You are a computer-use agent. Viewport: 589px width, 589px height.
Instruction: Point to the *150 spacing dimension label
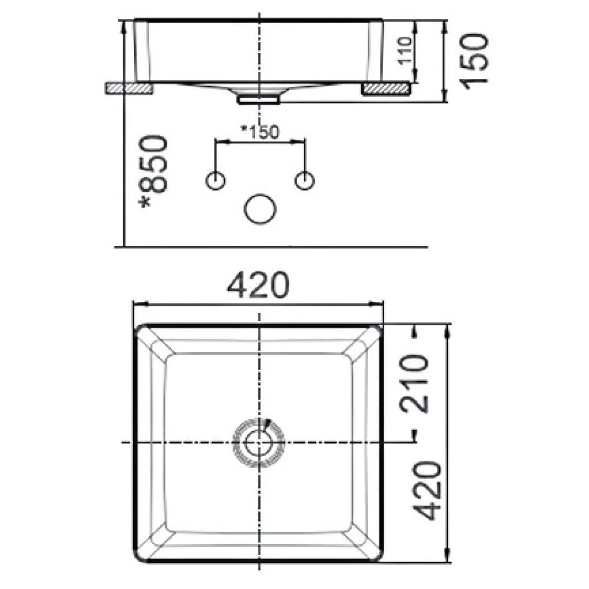coord(260,131)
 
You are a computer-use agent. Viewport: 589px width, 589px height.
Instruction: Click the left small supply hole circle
coord(216,181)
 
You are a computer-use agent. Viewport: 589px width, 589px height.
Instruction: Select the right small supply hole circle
coord(305,181)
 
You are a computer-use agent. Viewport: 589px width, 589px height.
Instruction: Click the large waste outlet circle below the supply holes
coord(260,209)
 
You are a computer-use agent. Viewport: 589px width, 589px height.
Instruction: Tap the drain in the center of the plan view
coord(258,442)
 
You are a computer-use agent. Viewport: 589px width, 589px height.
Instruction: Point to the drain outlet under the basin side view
coord(259,98)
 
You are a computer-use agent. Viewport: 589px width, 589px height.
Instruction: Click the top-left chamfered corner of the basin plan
coord(154,344)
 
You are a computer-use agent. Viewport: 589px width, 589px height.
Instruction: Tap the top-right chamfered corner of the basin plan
coord(364,344)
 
